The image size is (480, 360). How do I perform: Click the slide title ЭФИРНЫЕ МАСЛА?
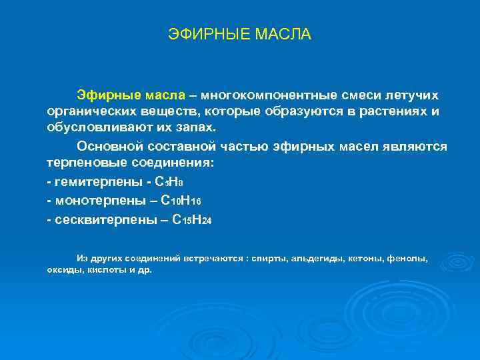tap(239, 33)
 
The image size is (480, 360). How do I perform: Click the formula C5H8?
tap(175, 182)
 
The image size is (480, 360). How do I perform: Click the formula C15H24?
tap(191, 219)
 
